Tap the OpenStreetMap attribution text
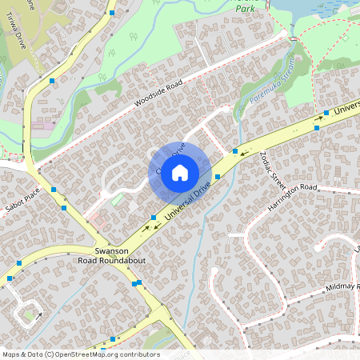coord(80,354)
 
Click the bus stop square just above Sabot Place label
coord(54,189)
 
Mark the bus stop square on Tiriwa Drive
coord(52,81)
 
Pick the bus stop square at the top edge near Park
coord(113,14)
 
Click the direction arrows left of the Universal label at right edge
coord(320,118)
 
